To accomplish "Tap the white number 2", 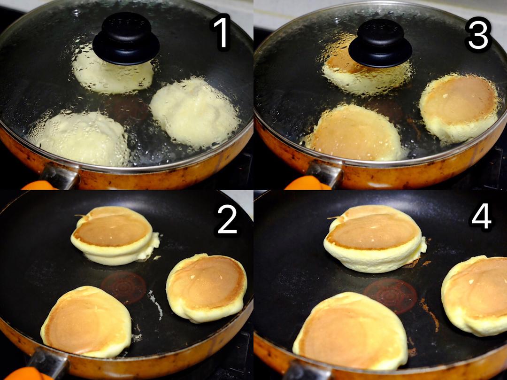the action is point(227,219).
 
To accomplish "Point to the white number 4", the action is point(482,218).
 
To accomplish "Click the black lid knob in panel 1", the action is point(126,39).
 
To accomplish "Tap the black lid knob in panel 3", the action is point(380,43).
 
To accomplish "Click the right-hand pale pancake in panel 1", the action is point(195,112).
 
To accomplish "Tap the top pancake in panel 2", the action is point(115,235).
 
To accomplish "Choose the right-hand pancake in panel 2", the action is point(207,288).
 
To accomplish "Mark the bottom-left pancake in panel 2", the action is point(86,322).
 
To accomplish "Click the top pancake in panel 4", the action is point(375,238).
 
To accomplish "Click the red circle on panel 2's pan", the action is point(123,287).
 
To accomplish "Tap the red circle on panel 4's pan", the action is point(390,296).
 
